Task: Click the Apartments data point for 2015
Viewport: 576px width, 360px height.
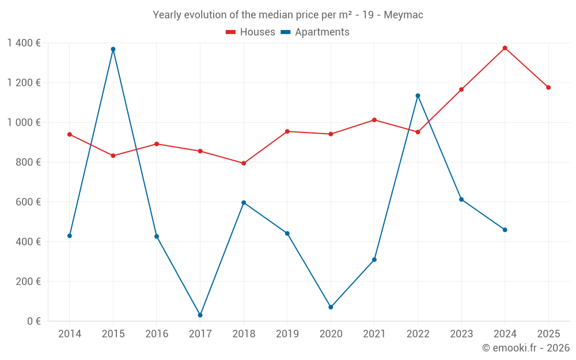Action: click(x=113, y=49)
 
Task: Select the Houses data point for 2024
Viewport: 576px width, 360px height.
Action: click(x=505, y=48)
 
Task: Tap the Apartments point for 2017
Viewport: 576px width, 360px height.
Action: click(x=200, y=315)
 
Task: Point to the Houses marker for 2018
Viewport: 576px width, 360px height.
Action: click(x=244, y=163)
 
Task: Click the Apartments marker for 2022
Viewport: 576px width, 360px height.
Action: click(x=418, y=96)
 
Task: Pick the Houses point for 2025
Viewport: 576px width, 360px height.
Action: click(x=548, y=88)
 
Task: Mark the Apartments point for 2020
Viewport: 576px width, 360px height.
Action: click(x=331, y=307)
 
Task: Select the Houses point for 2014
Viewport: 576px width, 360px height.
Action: click(x=70, y=134)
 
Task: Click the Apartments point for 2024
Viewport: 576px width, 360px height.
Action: click(x=505, y=230)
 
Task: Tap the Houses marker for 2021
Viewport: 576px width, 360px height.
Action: click(x=374, y=120)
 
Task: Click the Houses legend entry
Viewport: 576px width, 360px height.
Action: click(x=251, y=32)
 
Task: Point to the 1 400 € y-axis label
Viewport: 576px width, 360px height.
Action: click(x=24, y=43)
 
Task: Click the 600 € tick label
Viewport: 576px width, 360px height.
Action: click(x=28, y=202)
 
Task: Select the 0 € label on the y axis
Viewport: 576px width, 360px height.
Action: click(x=33, y=321)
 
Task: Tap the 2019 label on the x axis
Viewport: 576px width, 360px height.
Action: click(x=287, y=334)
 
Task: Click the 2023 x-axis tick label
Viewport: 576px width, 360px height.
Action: click(x=461, y=334)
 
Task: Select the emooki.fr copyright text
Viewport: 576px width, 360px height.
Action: click(x=525, y=347)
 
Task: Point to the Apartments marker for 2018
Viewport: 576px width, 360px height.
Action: click(x=244, y=203)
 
